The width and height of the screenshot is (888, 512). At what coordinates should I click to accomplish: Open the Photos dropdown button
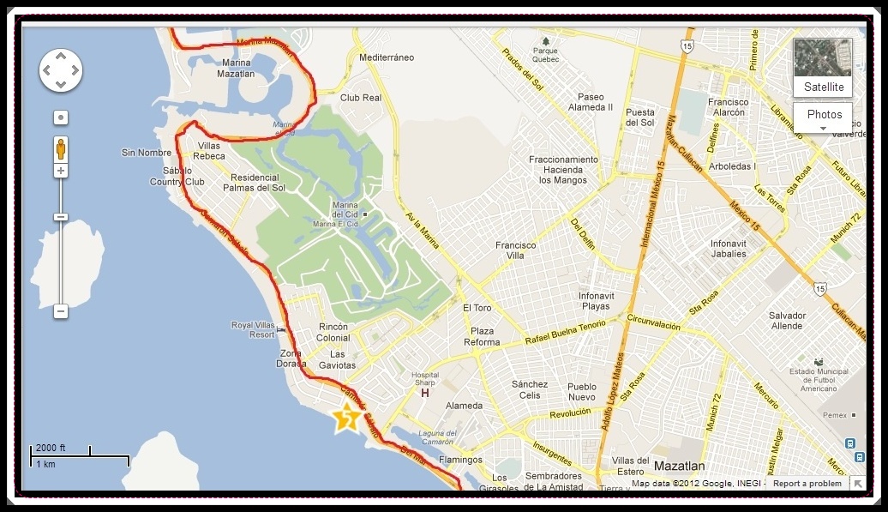click(x=824, y=117)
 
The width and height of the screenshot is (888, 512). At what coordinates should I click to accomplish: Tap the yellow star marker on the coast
click(x=347, y=418)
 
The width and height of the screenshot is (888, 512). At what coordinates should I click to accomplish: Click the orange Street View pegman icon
click(x=61, y=148)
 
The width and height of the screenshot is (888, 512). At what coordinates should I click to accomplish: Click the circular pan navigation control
click(x=61, y=69)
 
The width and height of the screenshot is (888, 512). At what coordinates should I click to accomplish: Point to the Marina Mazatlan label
click(x=237, y=69)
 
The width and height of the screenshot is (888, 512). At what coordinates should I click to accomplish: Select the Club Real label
click(x=361, y=98)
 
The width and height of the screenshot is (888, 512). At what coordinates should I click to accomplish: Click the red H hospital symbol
click(x=424, y=394)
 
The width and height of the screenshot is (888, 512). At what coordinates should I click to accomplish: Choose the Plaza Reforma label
click(x=482, y=336)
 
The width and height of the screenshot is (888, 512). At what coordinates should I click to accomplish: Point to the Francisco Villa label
click(x=515, y=250)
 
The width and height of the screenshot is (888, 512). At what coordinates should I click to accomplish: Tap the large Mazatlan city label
click(x=679, y=467)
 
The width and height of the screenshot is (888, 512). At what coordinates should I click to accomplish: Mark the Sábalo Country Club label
click(x=177, y=176)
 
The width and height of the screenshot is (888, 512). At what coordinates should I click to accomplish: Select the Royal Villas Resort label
click(x=252, y=329)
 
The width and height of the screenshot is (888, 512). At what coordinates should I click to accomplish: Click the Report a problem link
click(x=807, y=484)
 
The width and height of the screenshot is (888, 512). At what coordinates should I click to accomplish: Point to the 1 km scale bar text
click(x=45, y=464)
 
